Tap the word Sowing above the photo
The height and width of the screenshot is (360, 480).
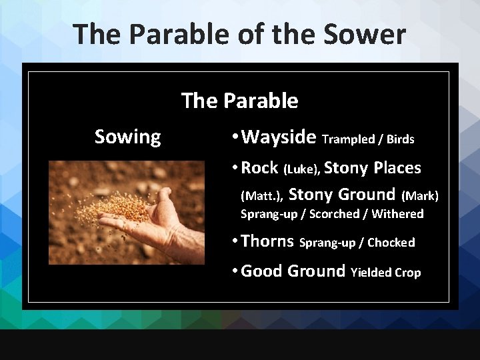[x=127, y=137]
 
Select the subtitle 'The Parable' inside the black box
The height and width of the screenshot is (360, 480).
[x=239, y=101]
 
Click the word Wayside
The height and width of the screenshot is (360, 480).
[x=279, y=137]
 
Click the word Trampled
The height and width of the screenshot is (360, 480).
[x=348, y=139]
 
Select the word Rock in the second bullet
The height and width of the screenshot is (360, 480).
[x=259, y=168]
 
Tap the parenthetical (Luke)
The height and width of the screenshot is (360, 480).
[x=302, y=169]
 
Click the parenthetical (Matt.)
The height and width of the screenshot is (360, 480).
[x=262, y=196]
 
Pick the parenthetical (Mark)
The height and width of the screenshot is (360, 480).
[x=419, y=196]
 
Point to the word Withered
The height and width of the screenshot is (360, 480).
[x=397, y=214]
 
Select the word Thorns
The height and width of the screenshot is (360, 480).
[x=267, y=241]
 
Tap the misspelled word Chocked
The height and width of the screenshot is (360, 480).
[x=391, y=243]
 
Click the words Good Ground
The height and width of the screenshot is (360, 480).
[x=293, y=271]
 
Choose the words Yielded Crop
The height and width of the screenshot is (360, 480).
[x=385, y=273]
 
